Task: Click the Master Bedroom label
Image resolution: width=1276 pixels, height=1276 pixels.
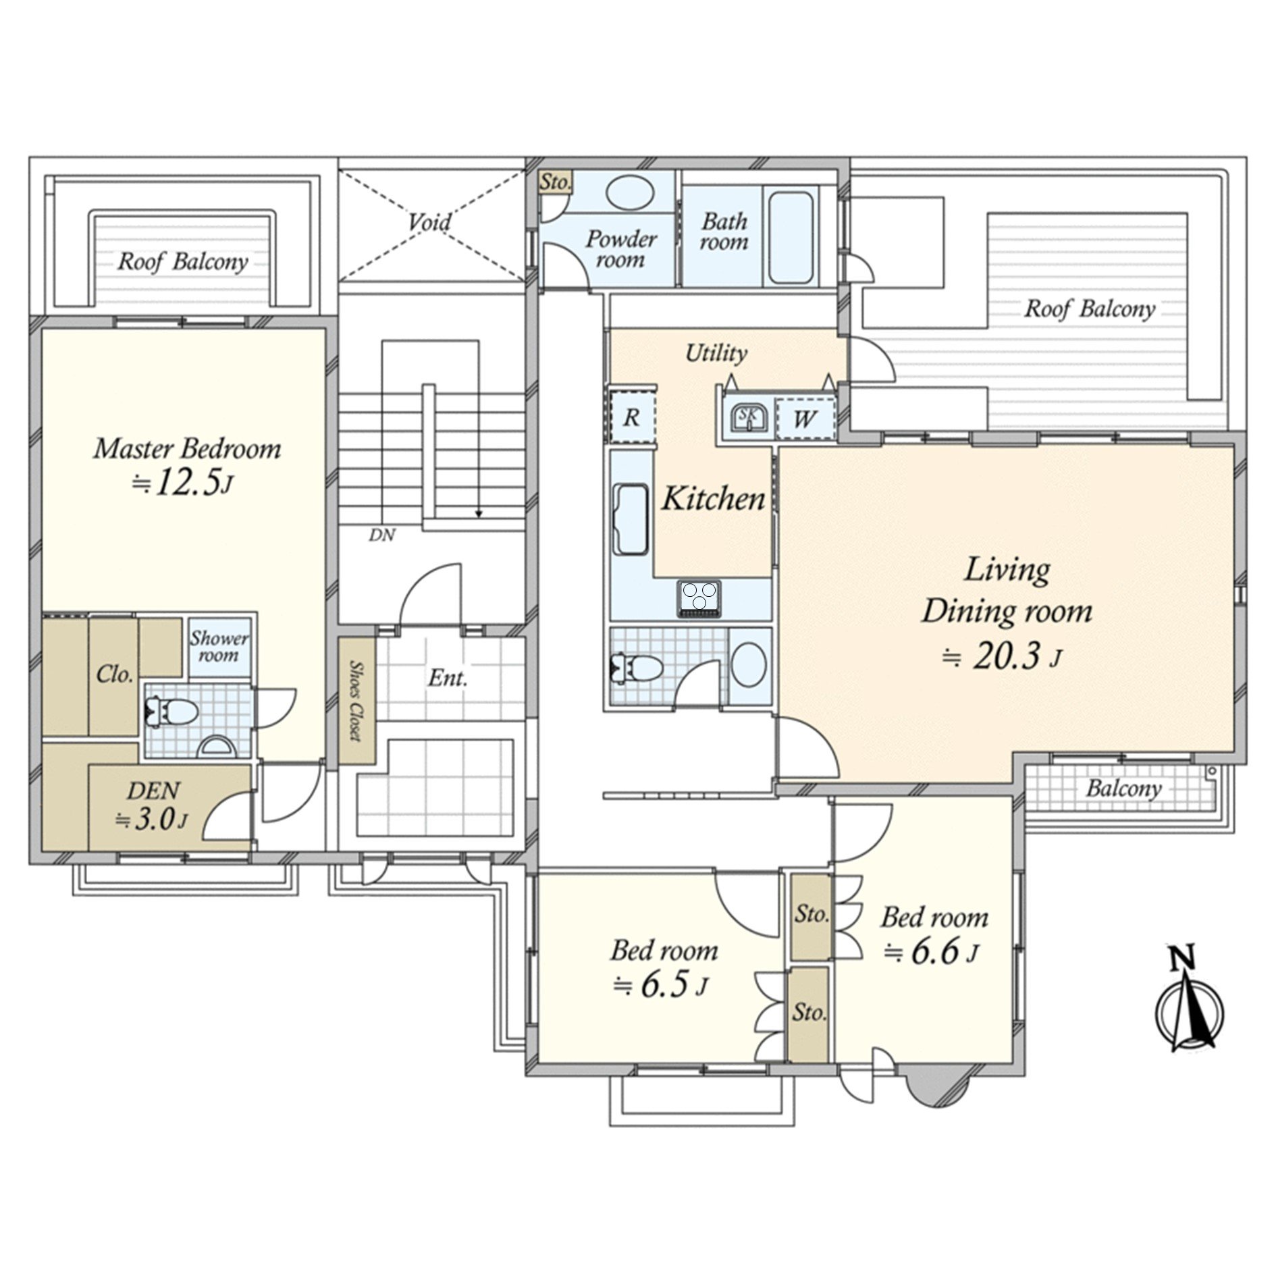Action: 187,449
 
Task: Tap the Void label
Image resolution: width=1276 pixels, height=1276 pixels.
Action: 429,221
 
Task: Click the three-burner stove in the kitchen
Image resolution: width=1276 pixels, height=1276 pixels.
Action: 699,598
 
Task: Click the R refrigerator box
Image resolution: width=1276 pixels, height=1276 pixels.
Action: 632,417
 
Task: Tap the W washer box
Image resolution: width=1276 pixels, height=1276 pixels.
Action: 804,419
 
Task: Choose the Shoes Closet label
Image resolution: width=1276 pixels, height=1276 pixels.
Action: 354,700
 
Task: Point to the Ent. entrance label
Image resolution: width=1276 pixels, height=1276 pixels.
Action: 447,678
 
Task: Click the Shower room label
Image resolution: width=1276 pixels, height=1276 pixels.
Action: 218,646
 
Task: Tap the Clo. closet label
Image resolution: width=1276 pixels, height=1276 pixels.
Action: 114,674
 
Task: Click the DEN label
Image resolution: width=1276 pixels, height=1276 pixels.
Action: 153,789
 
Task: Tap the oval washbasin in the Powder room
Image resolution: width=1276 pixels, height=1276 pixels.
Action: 630,193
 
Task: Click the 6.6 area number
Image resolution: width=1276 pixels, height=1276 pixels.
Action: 934,953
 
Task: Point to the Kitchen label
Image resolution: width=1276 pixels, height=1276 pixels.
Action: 713,499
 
